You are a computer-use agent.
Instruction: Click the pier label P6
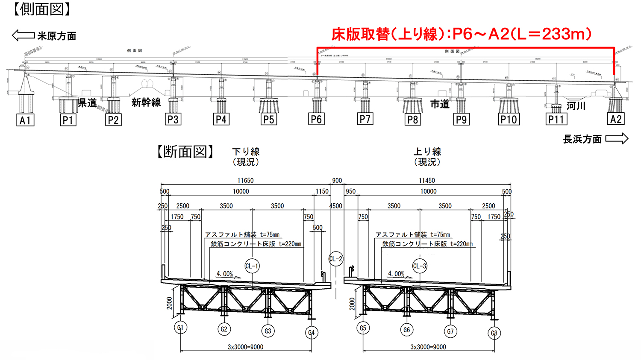coord(316,119)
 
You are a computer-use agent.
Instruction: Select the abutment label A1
coord(25,120)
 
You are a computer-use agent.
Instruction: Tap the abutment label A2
coord(616,119)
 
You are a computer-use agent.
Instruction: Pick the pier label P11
coord(556,120)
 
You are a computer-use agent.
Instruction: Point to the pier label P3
coord(173,119)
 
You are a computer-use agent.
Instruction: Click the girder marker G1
coord(180,328)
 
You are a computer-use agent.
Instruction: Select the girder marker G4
coord(312,333)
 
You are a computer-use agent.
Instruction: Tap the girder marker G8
coord(494,333)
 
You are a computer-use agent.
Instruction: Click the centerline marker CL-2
coord(336,259)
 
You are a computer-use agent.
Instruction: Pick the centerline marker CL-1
coord(252,266)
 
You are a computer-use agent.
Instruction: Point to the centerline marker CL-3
coord(420,266)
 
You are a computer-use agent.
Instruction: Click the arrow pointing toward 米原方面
coord(23,35)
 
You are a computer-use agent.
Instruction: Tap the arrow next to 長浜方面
coord(617,139)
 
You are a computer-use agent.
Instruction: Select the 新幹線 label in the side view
coord(146,102)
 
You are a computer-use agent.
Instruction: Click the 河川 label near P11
coord(576,106)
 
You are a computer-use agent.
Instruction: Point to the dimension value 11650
coord(246,181)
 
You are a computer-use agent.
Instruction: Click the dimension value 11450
coord(427,181)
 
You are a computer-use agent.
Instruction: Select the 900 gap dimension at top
coord(337,181)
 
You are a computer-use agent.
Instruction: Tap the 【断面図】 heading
coord(186,152)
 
